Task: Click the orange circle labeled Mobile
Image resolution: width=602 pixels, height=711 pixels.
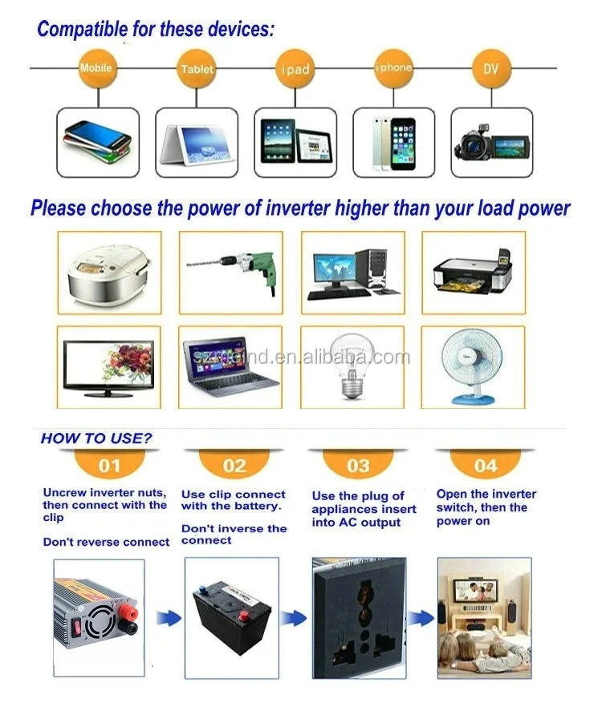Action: pos(96,69)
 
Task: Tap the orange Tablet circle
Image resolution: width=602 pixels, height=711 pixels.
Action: pos(197,69)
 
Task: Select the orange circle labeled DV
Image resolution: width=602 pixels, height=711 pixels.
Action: pos(490,69)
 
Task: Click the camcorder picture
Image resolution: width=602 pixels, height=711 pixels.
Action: pos(491,143)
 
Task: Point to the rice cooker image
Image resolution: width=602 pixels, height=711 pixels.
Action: pos(108,273)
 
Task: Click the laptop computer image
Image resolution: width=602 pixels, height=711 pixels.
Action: pos(230,366)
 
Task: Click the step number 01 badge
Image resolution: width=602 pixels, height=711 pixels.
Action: pos(110,465)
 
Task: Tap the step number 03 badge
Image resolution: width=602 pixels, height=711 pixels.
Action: pos(358,465)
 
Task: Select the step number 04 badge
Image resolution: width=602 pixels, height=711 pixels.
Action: pos(486,465)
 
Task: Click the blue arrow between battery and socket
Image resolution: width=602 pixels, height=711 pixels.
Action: pos(293,618)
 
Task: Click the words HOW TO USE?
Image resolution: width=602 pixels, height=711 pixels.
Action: pos(96,438)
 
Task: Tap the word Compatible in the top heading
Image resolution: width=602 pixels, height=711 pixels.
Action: pos(77,30)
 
